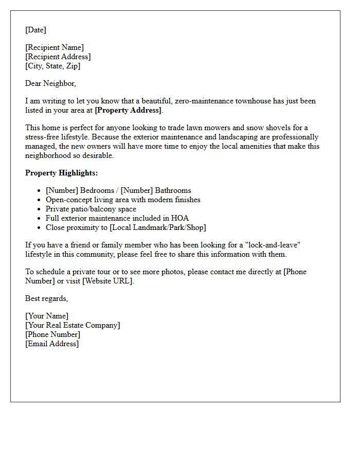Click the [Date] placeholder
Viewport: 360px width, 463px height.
(x=35, y=30)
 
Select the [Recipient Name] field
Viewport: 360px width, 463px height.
(x=55, y=47)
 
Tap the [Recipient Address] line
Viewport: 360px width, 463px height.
(x=58, y=57)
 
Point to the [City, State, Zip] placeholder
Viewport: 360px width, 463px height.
(x=52, y=66)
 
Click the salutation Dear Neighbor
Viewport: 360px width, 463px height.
(x=50, y=83)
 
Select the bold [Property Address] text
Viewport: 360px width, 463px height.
(x=129, y=110)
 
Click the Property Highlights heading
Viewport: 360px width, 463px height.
(x=61, y=173)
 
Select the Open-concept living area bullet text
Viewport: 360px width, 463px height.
(x=123, y=200)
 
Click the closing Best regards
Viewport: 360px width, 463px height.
(x=46, y=298)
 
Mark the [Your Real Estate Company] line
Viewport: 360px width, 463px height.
(x=73, y=325)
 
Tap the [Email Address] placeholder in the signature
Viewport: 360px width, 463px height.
(x=52, y=344)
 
